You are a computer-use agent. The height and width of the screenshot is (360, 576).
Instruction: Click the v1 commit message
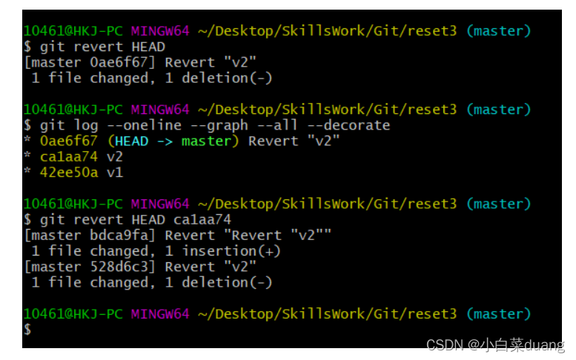pos(114,173)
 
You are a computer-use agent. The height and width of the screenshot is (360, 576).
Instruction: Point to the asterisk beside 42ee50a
pos(27,173)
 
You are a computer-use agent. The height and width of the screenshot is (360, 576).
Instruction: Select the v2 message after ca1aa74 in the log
pos(114,157)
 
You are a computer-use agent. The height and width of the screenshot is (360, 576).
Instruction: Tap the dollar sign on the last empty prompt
pos(27,330)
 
